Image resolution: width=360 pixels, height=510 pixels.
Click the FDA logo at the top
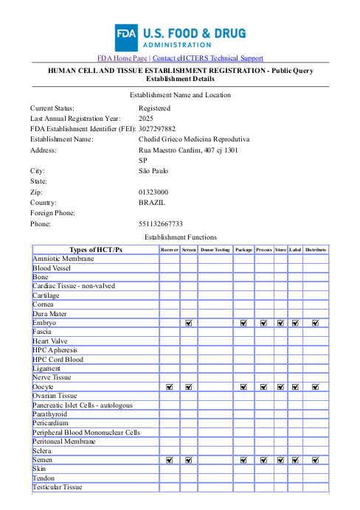pyautogui.click(x=180, y=37)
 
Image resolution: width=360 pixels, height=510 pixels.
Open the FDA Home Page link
pyautogui.click(x=122, y=58)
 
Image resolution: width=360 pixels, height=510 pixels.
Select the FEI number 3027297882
pyautogui.click(x=157, y=128)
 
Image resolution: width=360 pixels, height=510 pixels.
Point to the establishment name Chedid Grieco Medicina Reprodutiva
pyautogui.click(x=194, y=139)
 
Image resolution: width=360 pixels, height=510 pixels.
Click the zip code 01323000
pyautogui.click(x=153, y=192)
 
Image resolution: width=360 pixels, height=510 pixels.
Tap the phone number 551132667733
pyautogui.click(x=161, y=223)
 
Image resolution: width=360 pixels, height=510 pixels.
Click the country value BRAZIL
pyautogui.click(x=152, y=202)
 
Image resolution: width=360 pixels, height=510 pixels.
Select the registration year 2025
pyautogui.click(x=146, y=118)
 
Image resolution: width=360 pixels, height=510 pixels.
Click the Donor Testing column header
pyautogui.click(x=215, y=250)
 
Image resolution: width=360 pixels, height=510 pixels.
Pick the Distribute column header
pyautogui.click(x=316, y=250)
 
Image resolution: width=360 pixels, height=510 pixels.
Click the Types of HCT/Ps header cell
pyautogui.click(x=95, y=250)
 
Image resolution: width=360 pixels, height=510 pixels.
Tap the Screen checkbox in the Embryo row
pyautogui.click(x=189, y=323)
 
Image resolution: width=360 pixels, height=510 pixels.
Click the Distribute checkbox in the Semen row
pyautogui.click(x=316, y=459)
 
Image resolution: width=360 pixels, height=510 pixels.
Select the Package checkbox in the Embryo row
pyautogui.click(x=243, y=323)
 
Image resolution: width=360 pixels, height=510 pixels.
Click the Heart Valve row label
pyautogui.click(x=50, y=341)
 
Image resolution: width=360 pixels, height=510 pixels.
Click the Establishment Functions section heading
pyautogui.click(x=180, y=237)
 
